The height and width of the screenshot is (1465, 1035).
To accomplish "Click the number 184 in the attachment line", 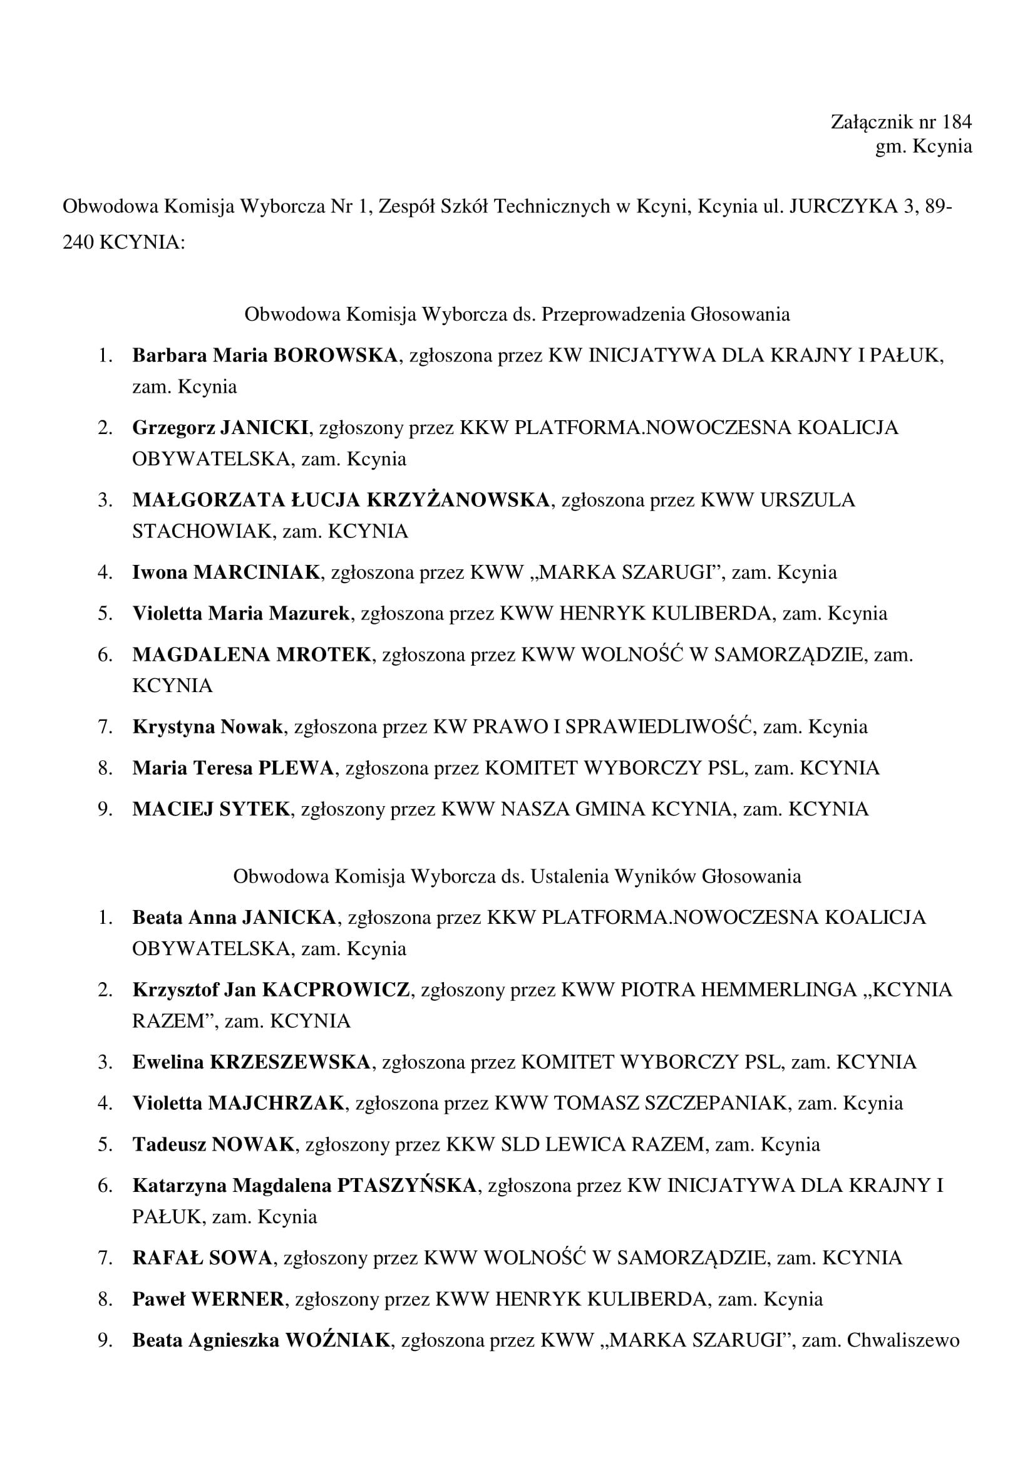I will tap(957, 122).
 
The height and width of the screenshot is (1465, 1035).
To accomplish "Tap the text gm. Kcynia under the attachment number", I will tap(924, 146).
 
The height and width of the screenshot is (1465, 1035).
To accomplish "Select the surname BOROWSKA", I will tap(336, 355).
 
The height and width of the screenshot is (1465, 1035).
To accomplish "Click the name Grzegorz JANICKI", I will tap(220, 427).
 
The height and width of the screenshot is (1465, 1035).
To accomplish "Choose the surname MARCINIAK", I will tap(256, 572).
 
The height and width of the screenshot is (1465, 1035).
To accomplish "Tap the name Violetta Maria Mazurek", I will tap(241, 613).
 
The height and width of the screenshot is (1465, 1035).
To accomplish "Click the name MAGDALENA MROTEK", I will tap(251, 654).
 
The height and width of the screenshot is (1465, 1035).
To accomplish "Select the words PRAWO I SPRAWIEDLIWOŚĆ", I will tap(612, 727).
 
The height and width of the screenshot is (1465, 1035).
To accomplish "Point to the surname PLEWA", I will tap(296, 768).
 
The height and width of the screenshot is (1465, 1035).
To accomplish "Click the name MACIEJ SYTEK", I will tap(211, 809).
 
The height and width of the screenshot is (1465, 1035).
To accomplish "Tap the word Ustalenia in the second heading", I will tap(570, 876).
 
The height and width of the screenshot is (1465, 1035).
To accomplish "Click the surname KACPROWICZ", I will tap(336, 990).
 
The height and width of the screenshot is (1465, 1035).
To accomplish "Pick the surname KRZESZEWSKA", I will tap(290, 1062).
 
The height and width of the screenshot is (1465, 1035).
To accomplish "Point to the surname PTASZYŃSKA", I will tap(406, 1185).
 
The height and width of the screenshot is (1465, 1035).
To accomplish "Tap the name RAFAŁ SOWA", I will tap(202, 1258).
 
